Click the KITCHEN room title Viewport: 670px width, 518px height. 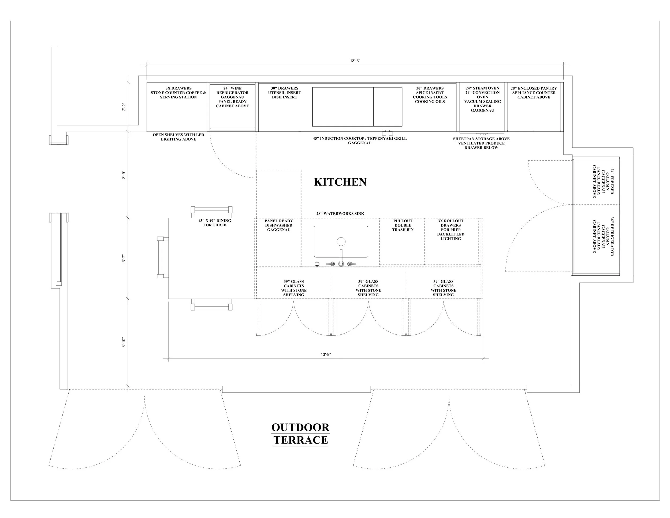click(340, 182)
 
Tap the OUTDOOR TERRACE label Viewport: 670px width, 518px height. click(300, 433)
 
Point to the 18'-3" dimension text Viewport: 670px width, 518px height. click(355, 61)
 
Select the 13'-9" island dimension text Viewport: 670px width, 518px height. click(326, 354)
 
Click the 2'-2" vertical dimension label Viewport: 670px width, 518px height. click(124, 107)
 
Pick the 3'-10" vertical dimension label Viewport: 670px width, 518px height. click(124, 342)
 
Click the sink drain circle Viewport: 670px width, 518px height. click(341, 242)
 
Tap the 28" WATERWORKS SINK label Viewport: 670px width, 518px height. click(340, 214)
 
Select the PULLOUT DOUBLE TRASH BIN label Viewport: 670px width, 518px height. click(403, 225)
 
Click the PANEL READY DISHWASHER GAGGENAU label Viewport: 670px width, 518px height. click(278, 225)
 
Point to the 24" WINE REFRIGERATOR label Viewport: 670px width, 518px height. click(232, 97)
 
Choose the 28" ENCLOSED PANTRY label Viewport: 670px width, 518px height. click(534, 93)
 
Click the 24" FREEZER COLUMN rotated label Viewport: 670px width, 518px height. click(603, 183)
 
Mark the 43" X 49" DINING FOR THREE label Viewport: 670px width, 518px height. click(215, 223)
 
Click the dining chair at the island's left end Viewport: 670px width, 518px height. click(162, 257)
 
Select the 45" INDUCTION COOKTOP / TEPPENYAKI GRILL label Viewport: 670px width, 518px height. click(360, 140)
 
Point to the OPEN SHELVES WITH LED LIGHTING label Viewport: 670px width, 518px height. click(178, 137)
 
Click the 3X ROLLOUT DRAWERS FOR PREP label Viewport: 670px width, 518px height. click(451, 230)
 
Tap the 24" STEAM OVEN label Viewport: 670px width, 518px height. click(482, 99)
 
